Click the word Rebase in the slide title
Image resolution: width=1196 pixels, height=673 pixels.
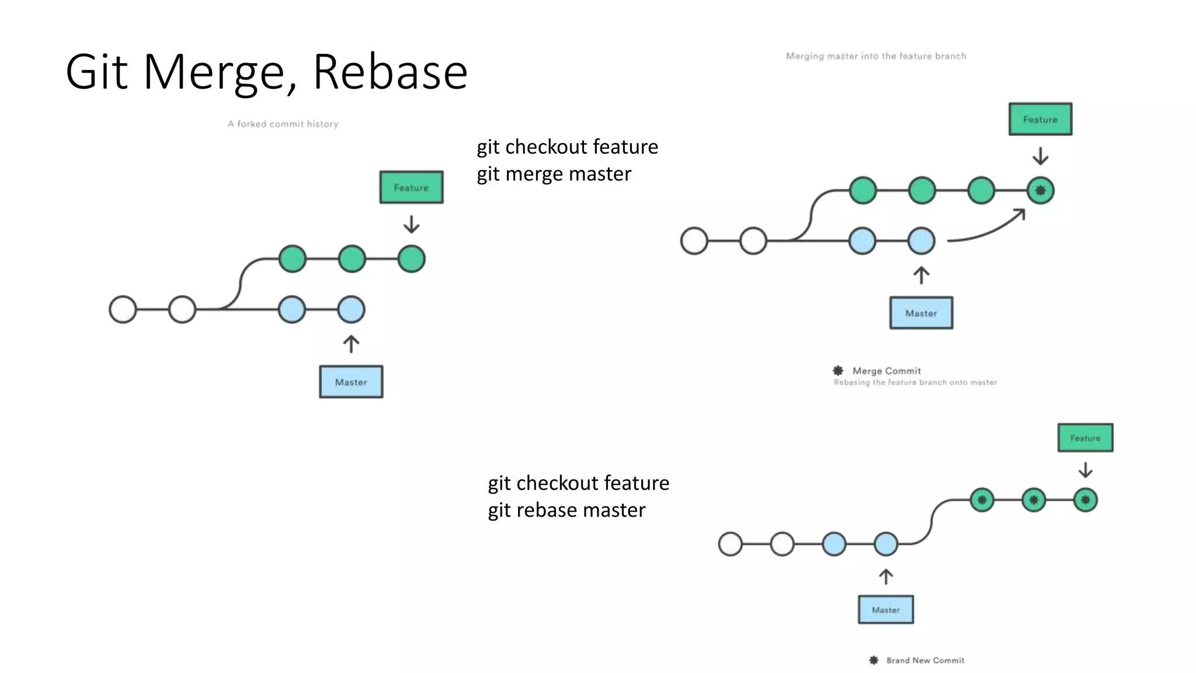point(390,72)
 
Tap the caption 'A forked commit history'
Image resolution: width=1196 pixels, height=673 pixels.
point(283,124)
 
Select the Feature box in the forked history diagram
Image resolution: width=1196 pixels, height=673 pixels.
point(411,188)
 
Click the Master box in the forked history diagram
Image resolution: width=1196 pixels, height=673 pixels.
point(351,382)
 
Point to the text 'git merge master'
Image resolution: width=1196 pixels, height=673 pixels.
point(554,174)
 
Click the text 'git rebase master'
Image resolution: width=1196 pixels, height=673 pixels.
point(566,510)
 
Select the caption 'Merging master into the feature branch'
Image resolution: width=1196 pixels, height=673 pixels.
point(875,56)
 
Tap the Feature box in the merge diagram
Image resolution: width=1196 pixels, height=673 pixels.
point(1040,119)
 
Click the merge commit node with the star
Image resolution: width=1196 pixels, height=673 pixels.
point(1040,190)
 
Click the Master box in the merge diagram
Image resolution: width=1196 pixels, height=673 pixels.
point(921,313)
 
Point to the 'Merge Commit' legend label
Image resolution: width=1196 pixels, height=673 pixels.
point(886,371)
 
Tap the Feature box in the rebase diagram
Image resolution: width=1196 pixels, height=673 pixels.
point(1085,438)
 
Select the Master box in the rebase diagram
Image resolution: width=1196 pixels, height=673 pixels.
point(885,609)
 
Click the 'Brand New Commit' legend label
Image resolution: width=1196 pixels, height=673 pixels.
point(925,660)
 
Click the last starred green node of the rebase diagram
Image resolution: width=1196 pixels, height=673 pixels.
point(1085,500)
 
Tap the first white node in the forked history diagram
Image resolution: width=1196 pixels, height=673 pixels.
point(123,310)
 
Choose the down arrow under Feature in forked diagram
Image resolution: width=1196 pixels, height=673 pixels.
point(411,224)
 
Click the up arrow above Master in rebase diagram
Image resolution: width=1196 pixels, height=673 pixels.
point(885,577)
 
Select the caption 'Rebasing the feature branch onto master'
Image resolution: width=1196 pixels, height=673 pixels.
point(915,383)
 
